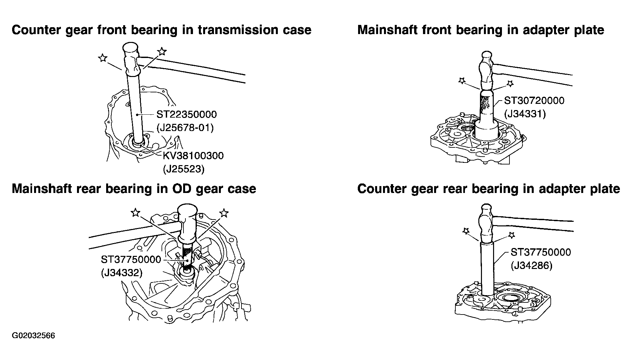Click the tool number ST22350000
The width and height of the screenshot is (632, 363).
pyautogui.click(x=186, y=114)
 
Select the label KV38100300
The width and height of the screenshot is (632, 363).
pyautogui.click(x=193, y=155)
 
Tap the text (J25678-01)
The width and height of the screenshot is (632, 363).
pyautogui.click(x=185, y=127)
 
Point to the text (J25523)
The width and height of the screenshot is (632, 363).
pyautogui.click(x=183, y=169)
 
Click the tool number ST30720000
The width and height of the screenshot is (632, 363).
pyautogui.click(x=534, y=100)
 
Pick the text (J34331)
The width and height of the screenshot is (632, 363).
pyautogui.click(x=525, y=114)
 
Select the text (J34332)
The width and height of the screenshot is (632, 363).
pyautogui.click(x=122, y=273)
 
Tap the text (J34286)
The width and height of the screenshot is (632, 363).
pyautogui.click(x=531, y=265)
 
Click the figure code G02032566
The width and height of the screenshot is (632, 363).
pyautogui.click(x=34, y=336)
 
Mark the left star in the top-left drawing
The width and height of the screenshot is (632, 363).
pyautogui.click(x=103, y=58)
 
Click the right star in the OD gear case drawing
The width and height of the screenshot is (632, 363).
pyautogui.click(x=224, y=213)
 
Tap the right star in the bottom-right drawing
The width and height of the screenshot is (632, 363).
pyautogui.click(x=512, y=235)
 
